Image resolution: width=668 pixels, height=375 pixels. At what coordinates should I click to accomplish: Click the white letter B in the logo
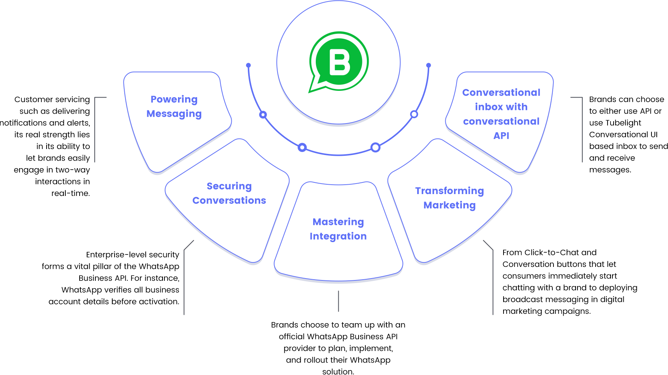click(339, 62)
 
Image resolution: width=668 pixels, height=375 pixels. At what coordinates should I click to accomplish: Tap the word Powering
click(174, 99)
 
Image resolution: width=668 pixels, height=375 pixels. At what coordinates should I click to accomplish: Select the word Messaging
click(174, 114)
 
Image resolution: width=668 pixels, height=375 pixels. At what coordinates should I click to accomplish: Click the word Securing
click(229, 186)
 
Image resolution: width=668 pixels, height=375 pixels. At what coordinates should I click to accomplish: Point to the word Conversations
click(229, 200)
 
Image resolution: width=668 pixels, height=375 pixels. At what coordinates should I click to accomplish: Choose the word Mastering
click(338, 222)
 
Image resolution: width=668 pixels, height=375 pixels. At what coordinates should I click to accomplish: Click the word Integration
click(338, 236)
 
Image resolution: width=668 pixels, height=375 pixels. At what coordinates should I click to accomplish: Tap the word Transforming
click(449, 191)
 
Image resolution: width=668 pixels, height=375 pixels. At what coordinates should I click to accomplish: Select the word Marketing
click(449, 205)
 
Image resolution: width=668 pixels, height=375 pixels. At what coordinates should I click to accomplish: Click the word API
click(501, 136)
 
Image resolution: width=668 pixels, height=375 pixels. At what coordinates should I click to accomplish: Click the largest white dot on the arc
click(375, 148)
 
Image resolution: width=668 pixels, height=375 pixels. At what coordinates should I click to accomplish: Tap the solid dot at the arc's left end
click(248, 65)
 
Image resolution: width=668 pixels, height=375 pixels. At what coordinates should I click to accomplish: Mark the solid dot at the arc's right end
click(428, 65)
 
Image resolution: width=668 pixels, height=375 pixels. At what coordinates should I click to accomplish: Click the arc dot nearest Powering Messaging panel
click(263, 114)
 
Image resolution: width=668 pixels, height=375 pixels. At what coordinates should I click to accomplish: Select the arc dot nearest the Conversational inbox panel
click(414, 114)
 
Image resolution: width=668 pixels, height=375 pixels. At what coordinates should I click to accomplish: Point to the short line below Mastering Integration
click(338, 301)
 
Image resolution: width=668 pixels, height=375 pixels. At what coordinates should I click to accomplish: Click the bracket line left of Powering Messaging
click(95, 130)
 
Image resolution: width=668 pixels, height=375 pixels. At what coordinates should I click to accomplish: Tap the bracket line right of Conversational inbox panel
click(582, 130)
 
